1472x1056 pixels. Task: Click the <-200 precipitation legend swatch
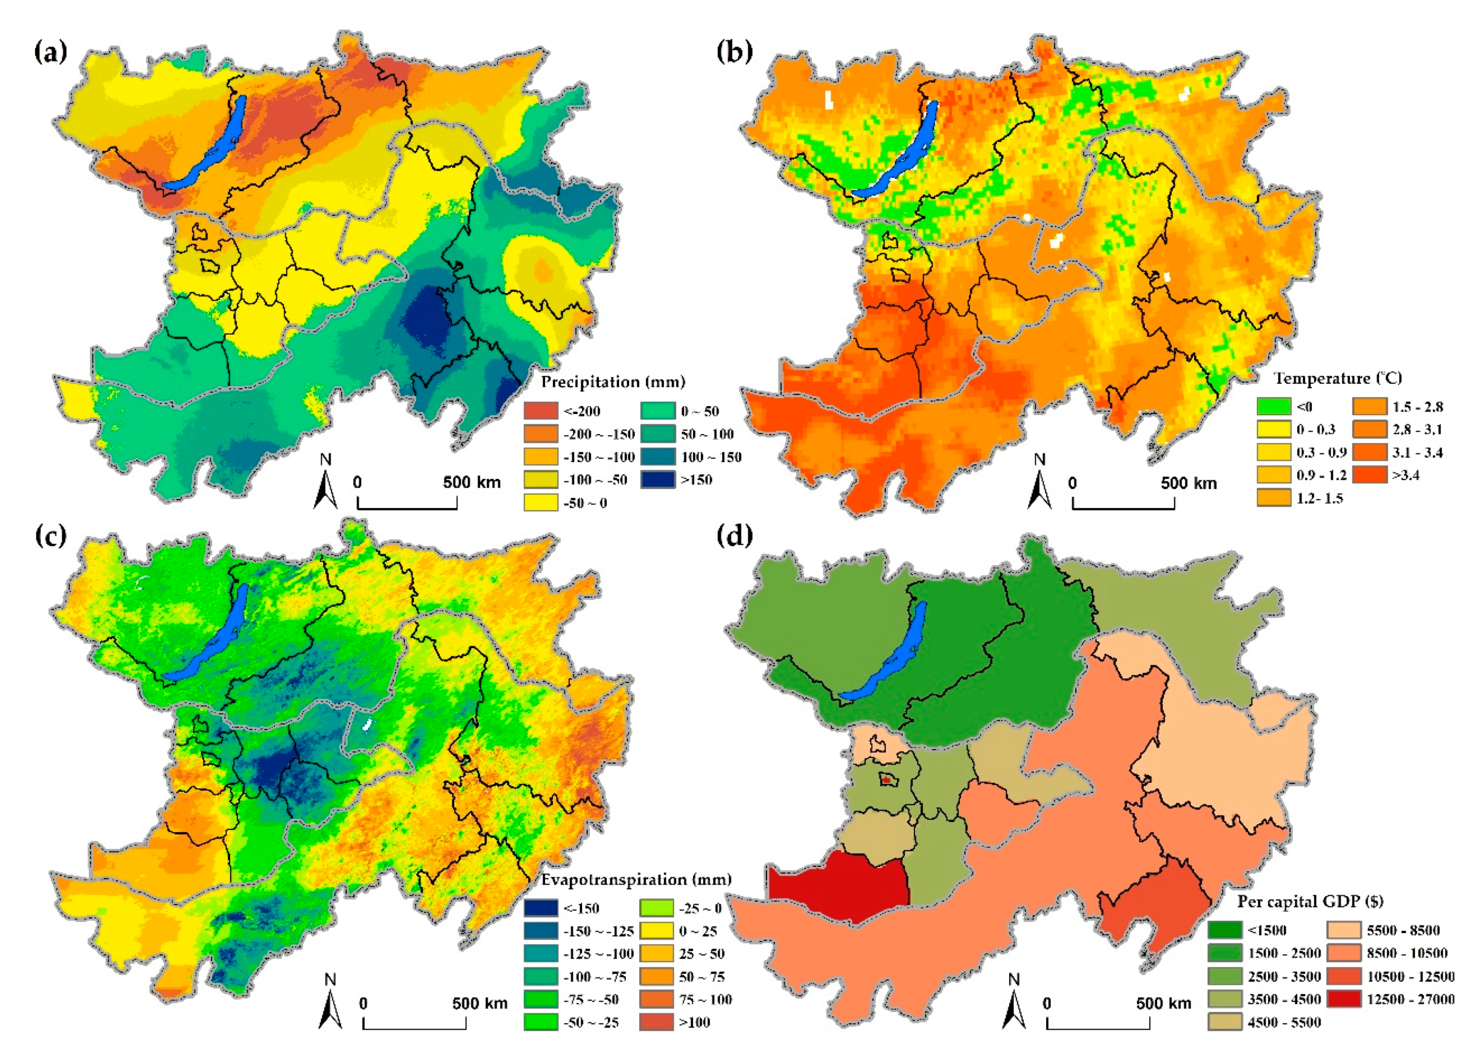coord(541,411)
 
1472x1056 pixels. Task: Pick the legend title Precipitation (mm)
coord(612,382)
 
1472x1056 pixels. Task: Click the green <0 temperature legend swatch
coord(1273,407)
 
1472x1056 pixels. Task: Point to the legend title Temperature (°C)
coord(1337,378)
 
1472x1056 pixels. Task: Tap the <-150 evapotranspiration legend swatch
coord(541,908)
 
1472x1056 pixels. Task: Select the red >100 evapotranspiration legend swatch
coord(657,1022)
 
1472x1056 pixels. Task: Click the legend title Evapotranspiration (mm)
coord(636,879)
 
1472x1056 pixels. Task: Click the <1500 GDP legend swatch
coord(1225,930)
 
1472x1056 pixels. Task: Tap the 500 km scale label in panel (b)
coord(1188,483)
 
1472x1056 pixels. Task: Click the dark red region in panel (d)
coord(837,886)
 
